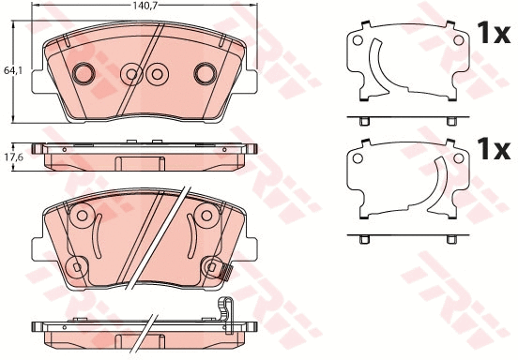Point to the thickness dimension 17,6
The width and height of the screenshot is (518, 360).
12,157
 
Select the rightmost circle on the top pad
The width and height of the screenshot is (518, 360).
205,72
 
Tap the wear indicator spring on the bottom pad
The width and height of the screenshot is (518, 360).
225,273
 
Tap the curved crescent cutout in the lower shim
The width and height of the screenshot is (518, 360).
439,185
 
